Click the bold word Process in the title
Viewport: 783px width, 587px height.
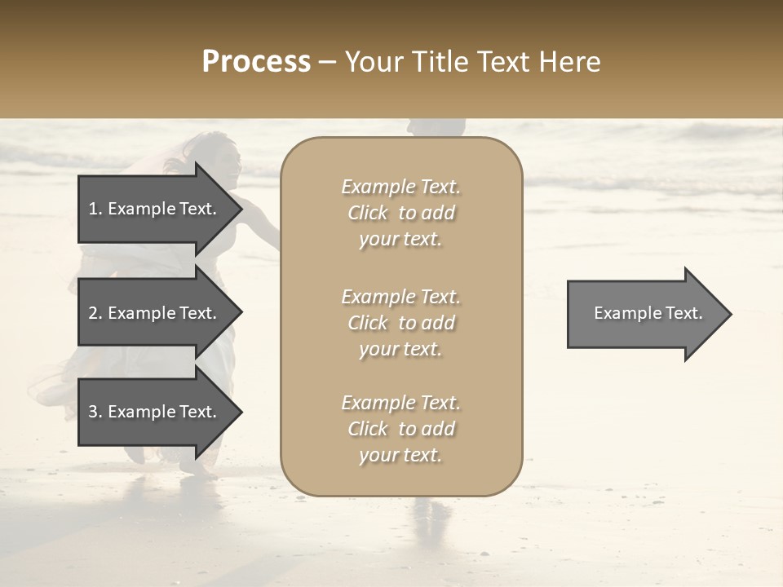pos(256,62)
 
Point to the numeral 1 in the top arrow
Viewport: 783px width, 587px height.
pos(92,209)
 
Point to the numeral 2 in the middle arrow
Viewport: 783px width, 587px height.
pos(93,313)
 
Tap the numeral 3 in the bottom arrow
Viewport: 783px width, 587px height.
pos(93,412)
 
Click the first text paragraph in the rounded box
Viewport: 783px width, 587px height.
pos(400,213)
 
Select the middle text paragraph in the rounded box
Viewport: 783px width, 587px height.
pos(400,323)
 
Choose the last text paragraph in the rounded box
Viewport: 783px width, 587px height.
pos(400,429)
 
